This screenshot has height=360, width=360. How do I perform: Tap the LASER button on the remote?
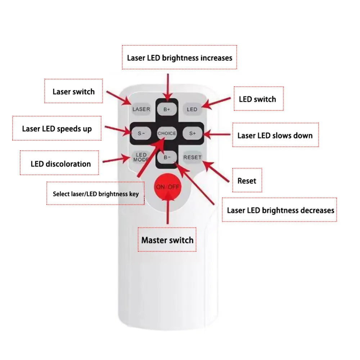(141, 109)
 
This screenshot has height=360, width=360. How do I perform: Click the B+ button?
(167, 109)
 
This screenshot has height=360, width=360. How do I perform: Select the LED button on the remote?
(192, 109)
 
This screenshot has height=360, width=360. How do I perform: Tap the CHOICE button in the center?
(167, 133)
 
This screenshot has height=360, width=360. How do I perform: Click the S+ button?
(192, 133)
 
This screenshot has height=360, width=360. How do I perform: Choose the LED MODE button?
(141, 157)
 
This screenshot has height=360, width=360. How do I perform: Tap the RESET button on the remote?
(192, 157)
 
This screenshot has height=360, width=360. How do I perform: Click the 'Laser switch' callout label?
(73, 91)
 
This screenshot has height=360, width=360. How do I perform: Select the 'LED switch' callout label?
(258, 99)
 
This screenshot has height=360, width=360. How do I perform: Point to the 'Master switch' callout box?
(167, 240)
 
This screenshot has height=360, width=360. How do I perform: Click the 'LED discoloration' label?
(59, 163)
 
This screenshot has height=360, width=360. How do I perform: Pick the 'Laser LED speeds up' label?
(57, 129)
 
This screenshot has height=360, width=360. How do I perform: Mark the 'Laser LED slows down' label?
(275, 135)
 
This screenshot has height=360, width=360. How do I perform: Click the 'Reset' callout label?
(247, 180)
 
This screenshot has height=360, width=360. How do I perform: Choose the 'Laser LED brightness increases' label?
(179, 57)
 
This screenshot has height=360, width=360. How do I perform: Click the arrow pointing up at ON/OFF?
(168, 208)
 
